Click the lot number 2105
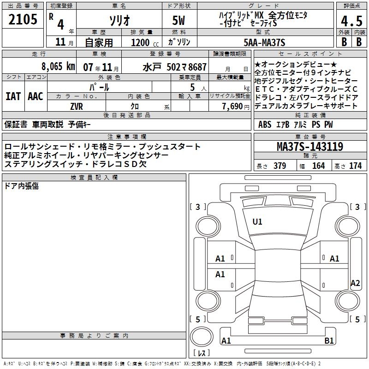pyautogui.click(x=23, y=19)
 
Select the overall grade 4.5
pyautogui.click(x=351, y=21)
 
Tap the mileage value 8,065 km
pyautogui.click(x=58, y=66)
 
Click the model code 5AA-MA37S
pyautogui.click(x=264, y=42)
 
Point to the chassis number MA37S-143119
pyautogui.click(x=310, y=146)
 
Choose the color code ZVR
pyautogui.click(x=77, y=107)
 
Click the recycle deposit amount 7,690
pyautogui.click(x=232, y=107)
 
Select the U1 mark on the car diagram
pyautogui.click(x=257, y=222)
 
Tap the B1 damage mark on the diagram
pyautogui.click(x=329, y=340)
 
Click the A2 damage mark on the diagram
pyautogui.click(x=355, y=283)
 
